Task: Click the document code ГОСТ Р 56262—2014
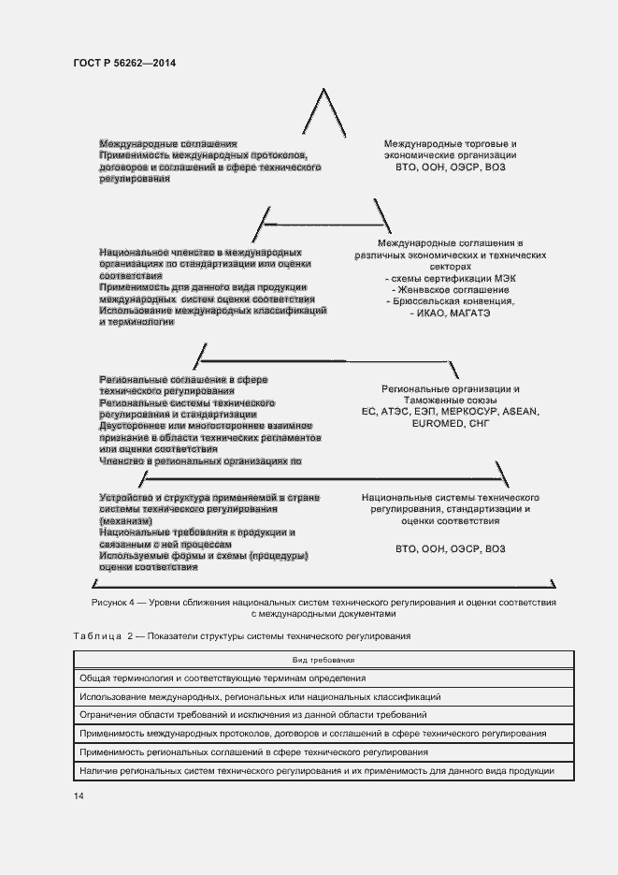point(123,63)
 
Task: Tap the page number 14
point(78,795)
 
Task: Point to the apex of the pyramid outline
point(323,90)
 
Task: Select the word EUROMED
point(438,424)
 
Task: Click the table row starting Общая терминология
point(223,678)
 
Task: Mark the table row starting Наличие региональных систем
point(317,770)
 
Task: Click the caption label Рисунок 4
point(115,603)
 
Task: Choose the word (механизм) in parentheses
point(126,519)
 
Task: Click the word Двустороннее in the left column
point(131,426)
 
